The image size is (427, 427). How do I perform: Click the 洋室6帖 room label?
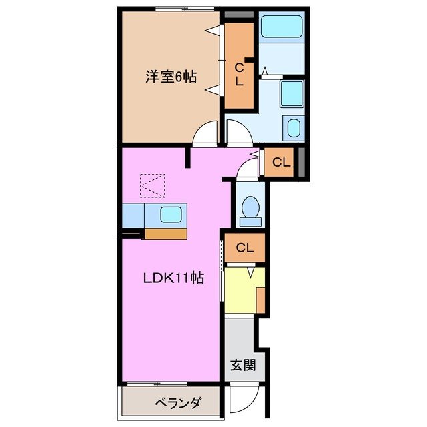171,77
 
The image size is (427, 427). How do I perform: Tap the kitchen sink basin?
169,215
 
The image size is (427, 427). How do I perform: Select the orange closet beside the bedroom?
239,67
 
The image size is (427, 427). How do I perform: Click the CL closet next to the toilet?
244,248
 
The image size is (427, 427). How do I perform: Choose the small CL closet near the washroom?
281,161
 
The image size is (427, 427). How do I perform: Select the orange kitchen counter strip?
165,234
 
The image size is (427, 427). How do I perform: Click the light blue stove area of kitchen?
133,215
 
